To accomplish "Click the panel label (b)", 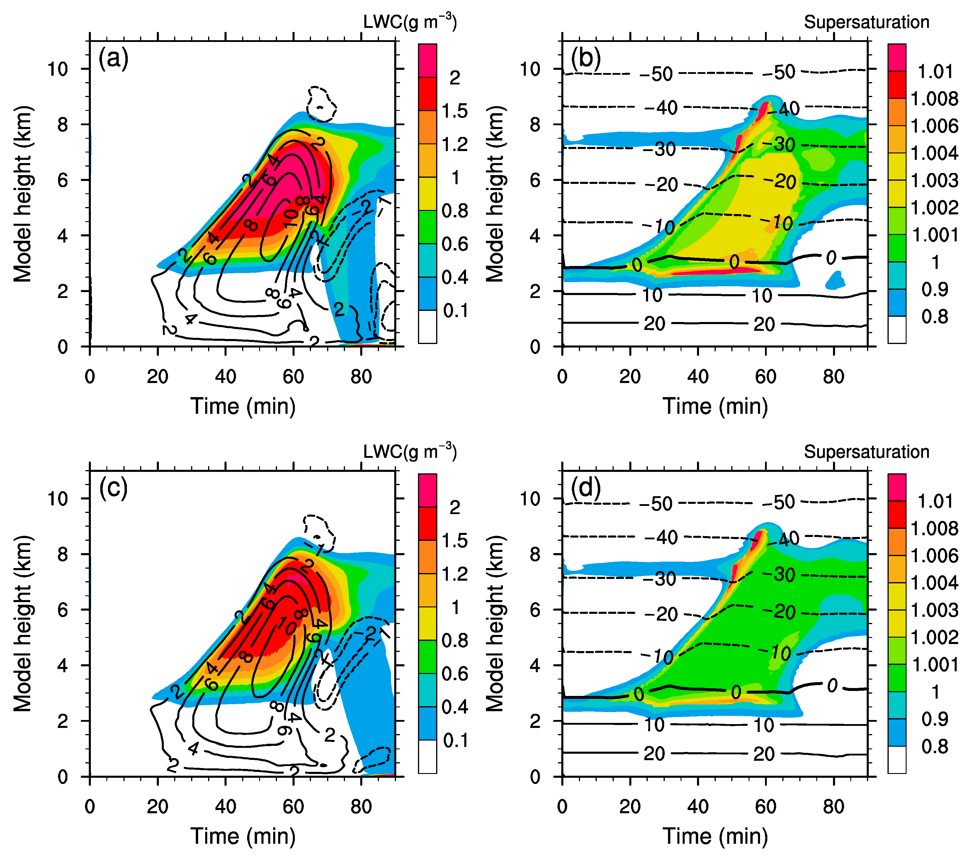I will tap(586, 58).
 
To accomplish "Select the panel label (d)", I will tap(586, 488).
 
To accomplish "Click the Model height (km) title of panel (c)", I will tap(23, 624).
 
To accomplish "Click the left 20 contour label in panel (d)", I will tap(654, 754).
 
